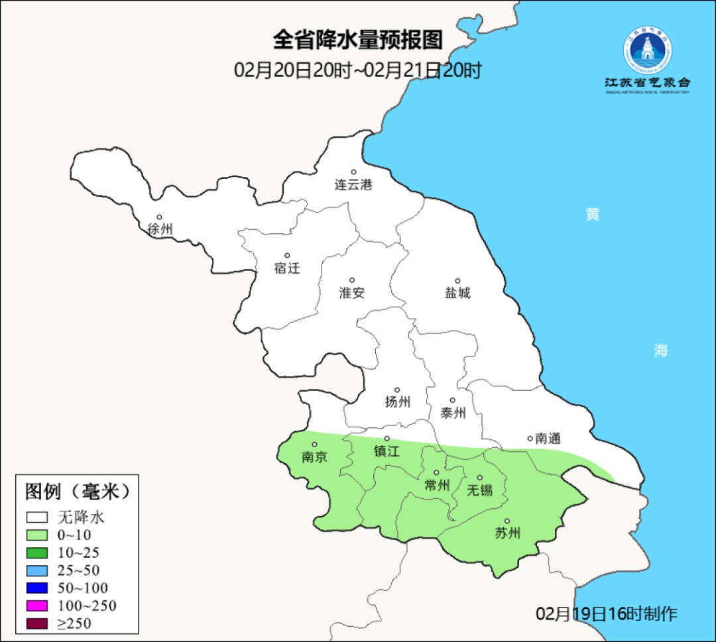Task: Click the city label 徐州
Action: (x=160, y=229)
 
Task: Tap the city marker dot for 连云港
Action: (x=353, y=172)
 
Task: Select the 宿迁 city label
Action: (x=287, y=268)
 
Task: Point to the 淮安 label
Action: (x=352, y=293)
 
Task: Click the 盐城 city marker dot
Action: (x=457, y=281)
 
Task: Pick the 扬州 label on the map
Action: (x=397, y=401)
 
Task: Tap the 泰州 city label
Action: (x=453, y=413)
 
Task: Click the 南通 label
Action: (x=548, y=438)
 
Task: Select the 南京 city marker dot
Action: (x=314, y=445)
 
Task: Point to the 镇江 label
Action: (x=387, y=451)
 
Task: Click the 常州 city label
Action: (x=437, y=486)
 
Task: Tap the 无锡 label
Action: (x=480, y=490)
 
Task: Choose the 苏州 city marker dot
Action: (x=507, y=521)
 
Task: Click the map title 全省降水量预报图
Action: (x=357, y=40)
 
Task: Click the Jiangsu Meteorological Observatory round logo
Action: (x=647, y=50)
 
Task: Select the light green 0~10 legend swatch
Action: (x=37, y=535)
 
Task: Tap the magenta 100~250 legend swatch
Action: (x=37, y=605)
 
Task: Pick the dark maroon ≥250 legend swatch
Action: (x=37, y=623)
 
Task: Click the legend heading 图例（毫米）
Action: (x=76, y=492)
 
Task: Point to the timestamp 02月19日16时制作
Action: (x=607, y=614)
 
